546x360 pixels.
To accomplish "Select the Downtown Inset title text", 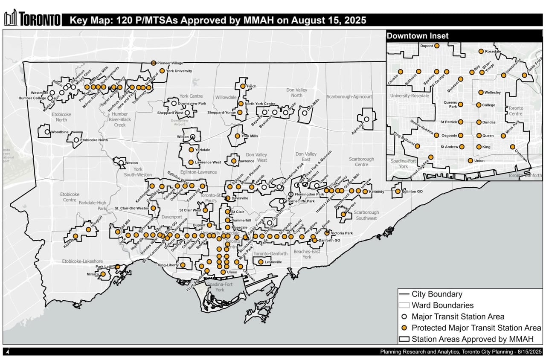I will (418, 36).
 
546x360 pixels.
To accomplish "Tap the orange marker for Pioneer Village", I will (154, 63).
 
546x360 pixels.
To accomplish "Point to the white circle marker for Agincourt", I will (366, 119).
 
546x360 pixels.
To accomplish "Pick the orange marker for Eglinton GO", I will (398, 192).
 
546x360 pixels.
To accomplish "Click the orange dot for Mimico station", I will (103, 274).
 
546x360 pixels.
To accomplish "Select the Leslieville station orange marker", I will (261, 262).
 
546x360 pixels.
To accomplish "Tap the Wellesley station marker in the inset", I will (481, 92).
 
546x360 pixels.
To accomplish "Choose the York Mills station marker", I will (238, 136).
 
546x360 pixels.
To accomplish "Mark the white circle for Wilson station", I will (193, 137).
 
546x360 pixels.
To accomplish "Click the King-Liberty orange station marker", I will (183, 265).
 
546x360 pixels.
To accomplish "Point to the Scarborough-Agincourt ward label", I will (349, 97).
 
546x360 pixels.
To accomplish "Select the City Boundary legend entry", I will (436, 294).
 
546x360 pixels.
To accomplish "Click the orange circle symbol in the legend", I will (404, 328).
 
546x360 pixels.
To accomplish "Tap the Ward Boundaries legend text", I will (442, 305).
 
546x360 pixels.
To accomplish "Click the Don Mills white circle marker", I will (303, 114).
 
